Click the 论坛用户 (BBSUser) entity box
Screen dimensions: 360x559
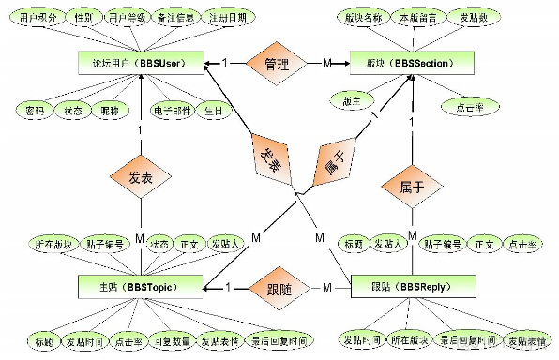(140, 62)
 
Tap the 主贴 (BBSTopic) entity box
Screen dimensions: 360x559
(141, 285)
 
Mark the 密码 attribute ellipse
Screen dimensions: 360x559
(35, 110)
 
